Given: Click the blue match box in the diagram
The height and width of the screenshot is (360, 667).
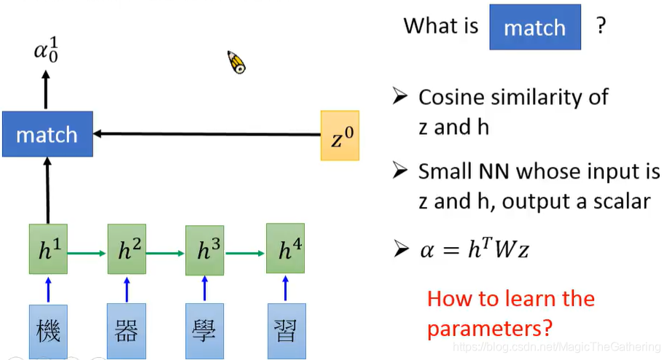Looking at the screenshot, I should (47, 134).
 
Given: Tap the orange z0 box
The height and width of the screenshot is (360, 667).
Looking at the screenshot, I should (340, 136).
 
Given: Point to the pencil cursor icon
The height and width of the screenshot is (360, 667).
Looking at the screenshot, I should (236, 63).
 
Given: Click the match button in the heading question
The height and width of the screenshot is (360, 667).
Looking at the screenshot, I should (534, 28).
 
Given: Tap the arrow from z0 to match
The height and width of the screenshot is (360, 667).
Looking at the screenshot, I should (208, 134).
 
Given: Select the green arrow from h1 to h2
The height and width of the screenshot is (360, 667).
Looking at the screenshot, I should (87, 252).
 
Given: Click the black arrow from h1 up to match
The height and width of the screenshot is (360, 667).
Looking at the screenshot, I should (48, 191).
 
